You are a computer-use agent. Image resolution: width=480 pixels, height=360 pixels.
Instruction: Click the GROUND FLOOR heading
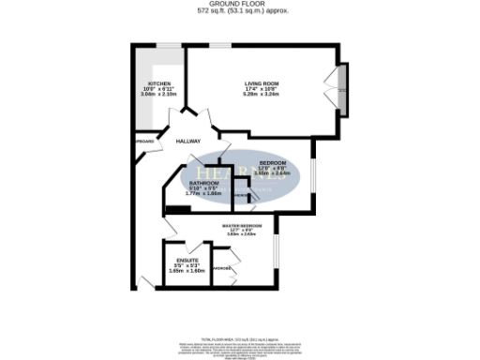click(x=239, y=4)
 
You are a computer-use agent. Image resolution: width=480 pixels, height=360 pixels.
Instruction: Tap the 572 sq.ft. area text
click(x=239, y=10)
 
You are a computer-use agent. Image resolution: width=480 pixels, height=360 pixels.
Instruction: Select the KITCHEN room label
click(x=157, y=83)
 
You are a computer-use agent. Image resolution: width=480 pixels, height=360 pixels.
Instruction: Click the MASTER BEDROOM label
click(x=242, y=226)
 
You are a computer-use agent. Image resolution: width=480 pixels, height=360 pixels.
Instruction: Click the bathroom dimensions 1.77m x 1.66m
click(x=203, y=193)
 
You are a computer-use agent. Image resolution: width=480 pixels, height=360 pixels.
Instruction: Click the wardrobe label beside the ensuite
click(x=223, y=269)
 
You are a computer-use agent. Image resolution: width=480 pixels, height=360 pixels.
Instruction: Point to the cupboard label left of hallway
click(x=143, y=141)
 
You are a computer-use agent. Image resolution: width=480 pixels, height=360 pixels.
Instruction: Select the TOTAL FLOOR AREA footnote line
click(x=239, y=313)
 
